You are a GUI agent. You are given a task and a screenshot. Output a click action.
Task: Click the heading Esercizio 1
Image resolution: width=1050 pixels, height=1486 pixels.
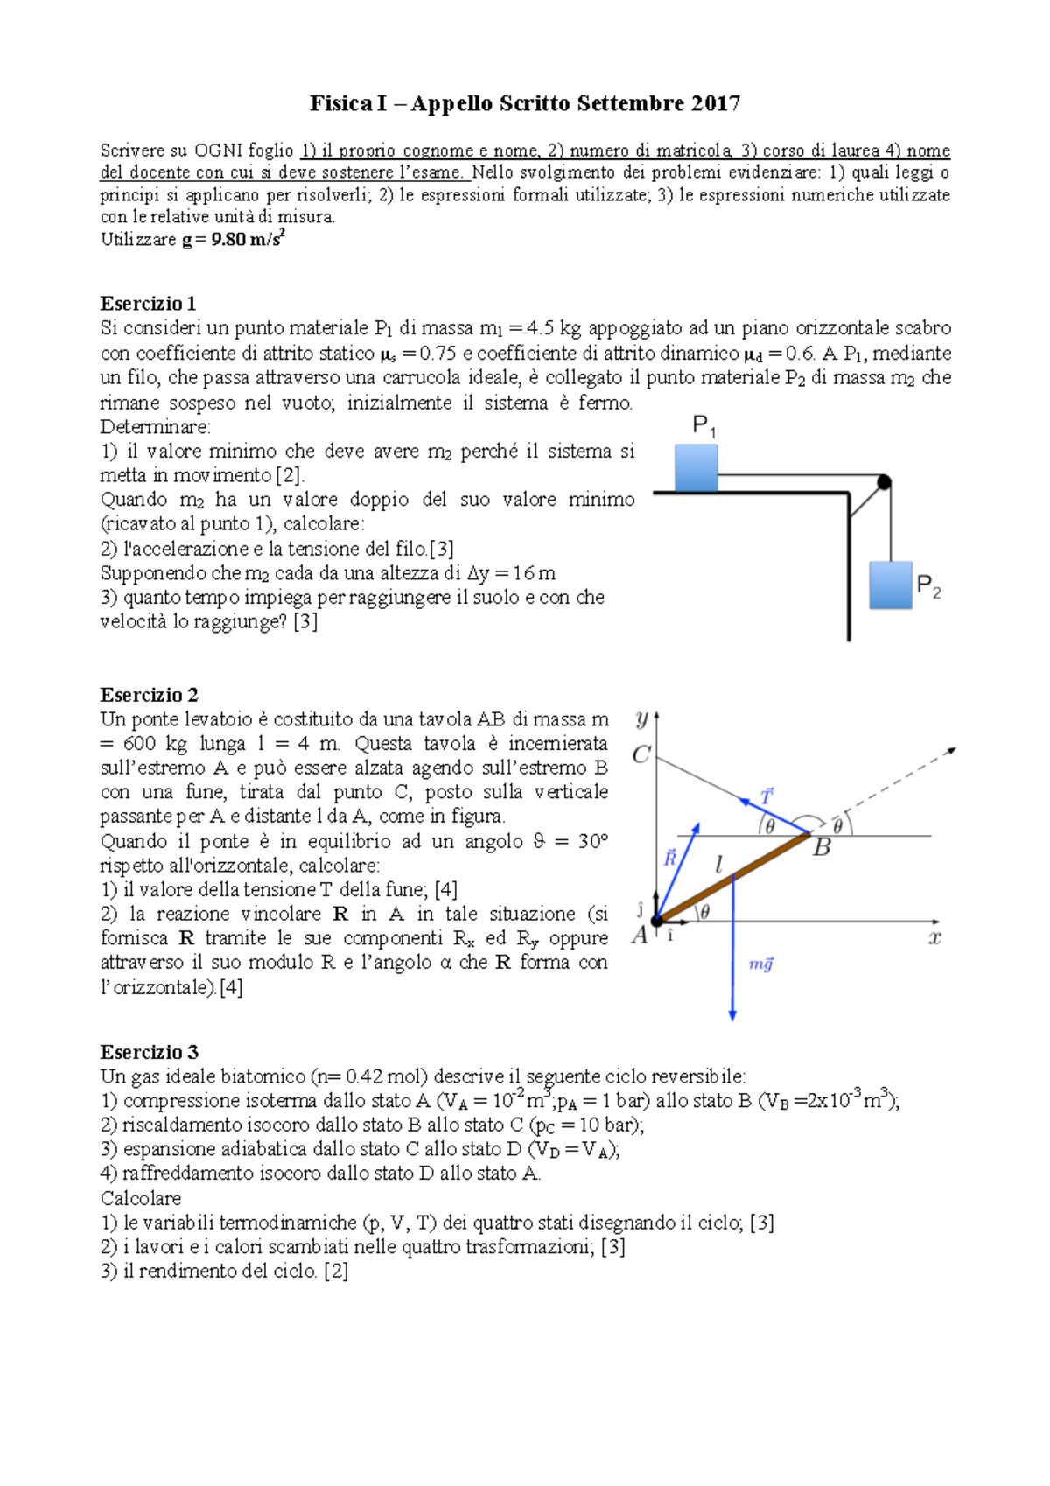148,304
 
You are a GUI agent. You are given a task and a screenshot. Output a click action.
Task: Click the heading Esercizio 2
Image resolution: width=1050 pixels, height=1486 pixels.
149,695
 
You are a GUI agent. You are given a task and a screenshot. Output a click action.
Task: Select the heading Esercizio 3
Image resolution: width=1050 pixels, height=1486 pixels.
149,1052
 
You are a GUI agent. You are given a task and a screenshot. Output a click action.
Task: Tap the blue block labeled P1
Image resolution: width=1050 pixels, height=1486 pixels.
696,467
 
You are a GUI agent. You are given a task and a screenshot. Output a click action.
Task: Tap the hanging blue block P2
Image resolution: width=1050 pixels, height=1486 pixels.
890,585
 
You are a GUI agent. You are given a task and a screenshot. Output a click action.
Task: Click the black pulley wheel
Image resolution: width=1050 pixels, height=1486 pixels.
884,481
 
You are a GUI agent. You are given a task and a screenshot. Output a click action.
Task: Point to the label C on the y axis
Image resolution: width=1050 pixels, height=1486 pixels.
640,754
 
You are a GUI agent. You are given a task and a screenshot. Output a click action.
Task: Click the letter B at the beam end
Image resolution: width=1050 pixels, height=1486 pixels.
822,847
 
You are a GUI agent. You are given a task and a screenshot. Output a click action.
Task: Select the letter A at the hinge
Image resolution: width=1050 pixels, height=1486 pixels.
640,936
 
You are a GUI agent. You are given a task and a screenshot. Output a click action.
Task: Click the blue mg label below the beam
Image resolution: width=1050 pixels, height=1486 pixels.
760,964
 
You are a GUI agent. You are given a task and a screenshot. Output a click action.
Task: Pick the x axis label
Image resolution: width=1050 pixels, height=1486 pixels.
934,938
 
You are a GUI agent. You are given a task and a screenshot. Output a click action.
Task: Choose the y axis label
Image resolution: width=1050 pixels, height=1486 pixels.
641,719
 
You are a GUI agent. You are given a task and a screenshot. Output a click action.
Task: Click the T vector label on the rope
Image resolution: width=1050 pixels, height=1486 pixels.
766,796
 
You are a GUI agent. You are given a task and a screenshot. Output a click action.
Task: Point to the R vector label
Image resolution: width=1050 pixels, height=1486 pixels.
670,858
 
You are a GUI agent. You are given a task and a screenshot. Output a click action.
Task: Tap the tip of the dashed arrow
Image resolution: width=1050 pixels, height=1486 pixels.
955,748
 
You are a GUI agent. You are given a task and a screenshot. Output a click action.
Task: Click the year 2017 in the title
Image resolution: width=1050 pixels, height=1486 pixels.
715,103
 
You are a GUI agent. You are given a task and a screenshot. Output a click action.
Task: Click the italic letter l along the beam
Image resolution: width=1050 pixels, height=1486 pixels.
718,866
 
